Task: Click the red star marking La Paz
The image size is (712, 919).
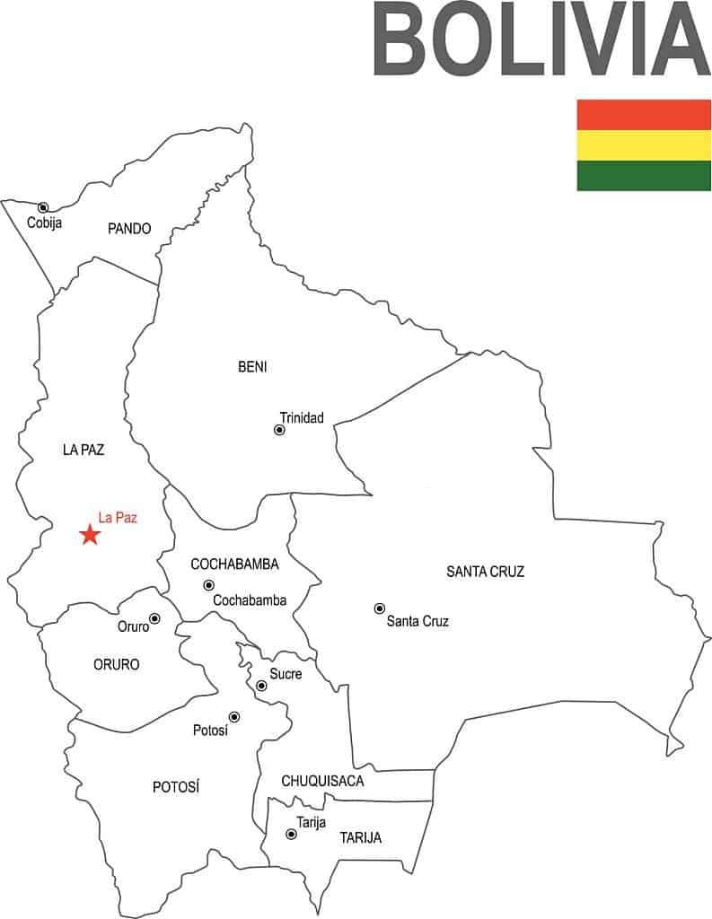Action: point(90,535)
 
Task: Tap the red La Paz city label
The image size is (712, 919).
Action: point(118,517)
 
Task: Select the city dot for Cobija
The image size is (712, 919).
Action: point(42,207)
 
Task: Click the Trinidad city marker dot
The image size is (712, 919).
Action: point(279,430)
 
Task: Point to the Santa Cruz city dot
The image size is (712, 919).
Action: point(379,608)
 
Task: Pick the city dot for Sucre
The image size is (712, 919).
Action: point(261,686)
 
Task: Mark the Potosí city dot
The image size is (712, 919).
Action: point(234,716)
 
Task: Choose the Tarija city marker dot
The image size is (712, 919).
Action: point(291,834)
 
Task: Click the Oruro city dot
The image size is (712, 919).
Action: point(154,618)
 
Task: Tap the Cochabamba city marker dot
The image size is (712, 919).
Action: point(208,585)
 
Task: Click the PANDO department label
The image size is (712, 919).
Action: point(129,229)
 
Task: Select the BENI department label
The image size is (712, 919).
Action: point(252,366)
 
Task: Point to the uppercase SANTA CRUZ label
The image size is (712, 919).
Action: point(485,572)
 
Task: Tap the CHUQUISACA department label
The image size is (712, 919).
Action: point(322,781)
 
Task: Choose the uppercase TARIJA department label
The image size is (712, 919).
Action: point(360,838)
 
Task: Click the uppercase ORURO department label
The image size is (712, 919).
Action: point(117,665)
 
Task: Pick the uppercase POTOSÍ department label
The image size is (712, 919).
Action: point(176,787)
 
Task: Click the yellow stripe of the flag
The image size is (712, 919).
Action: point(643,145)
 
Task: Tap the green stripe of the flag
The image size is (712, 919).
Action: point(643,176)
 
